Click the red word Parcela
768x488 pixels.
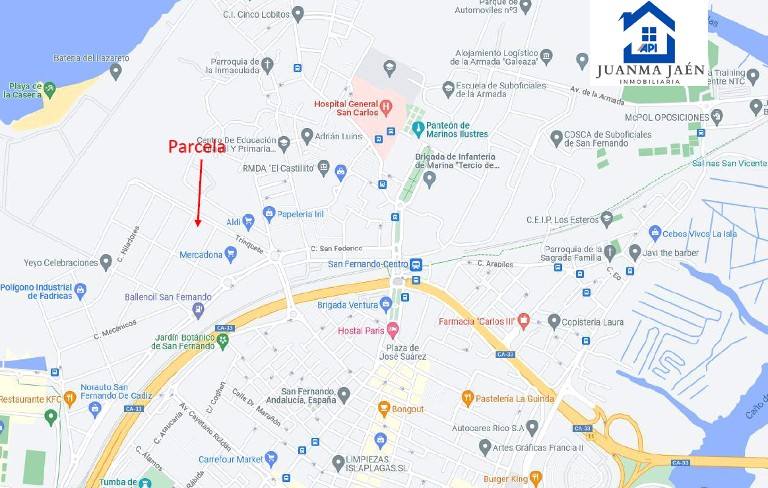point(197,147)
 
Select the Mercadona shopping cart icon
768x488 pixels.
point(230,254)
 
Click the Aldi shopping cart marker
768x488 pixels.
point(249,221)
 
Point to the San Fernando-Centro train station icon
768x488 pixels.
point(416,265)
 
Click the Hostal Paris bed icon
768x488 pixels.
point(393,329)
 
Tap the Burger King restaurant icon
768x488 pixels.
point(535,477)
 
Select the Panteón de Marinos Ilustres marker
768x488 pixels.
point(417,127)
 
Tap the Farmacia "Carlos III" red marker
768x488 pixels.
point(524,321)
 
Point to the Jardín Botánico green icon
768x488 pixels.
point(223,341)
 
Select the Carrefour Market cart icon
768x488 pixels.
point(271,458)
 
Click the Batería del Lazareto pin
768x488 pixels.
point(116,70)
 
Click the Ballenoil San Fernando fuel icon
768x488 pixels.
point(198,309)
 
